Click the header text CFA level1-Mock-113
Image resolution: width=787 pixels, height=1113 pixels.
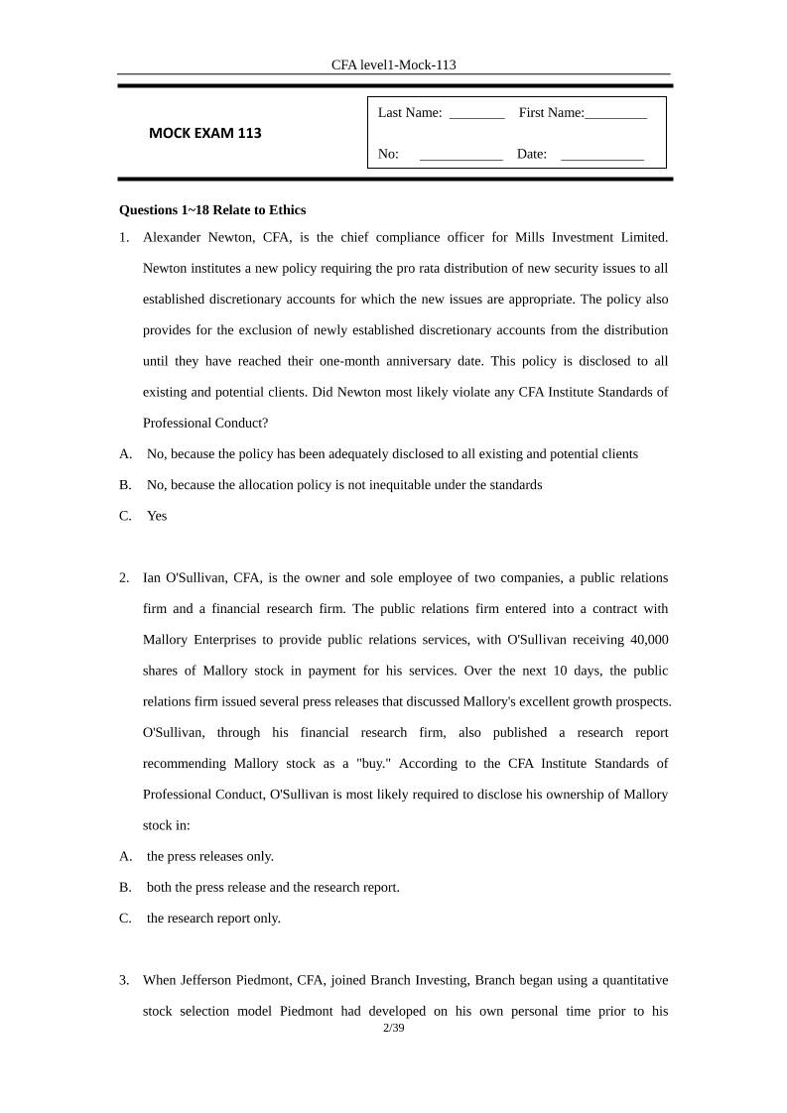393,64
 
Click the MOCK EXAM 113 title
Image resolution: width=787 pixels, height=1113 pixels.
205,133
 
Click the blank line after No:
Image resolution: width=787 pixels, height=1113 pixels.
460,156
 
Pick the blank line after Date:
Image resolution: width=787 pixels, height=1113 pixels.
601,156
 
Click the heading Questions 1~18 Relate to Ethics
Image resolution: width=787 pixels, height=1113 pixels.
212,209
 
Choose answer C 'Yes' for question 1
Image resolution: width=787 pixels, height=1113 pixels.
157,516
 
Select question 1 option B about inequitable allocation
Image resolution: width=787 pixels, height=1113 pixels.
343,485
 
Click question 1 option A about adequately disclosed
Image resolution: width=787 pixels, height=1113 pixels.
392,454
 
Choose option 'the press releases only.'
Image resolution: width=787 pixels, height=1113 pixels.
210,856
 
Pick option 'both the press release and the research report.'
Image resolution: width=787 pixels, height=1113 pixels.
273,887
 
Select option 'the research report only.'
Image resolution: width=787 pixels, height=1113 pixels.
213,919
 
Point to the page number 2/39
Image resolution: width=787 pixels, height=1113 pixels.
394,1029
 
